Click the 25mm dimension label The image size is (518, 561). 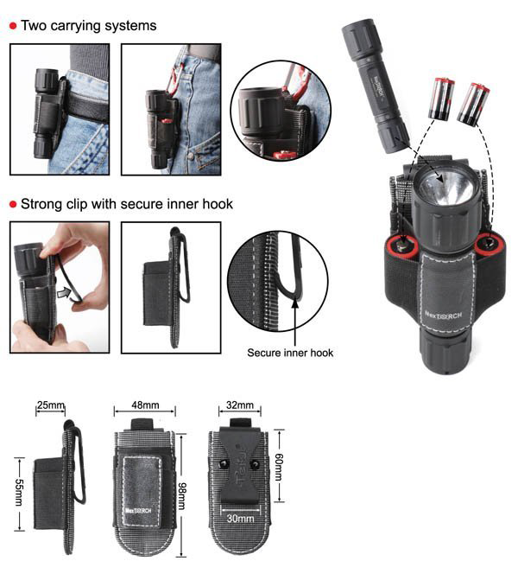point(51,405)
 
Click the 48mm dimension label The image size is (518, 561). point(145,405)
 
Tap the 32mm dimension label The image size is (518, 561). point(240,405)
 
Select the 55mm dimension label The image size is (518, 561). point(19,493)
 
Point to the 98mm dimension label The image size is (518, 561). point(182,495)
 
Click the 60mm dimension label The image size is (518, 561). point(279,467)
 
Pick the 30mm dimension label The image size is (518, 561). point(240,518)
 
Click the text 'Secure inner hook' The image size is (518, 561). point(290,353)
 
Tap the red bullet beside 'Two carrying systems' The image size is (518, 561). point(13,26)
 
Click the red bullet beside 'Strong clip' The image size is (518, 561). point(13,204)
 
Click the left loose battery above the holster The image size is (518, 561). point(441,99)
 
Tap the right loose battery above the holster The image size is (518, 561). point(473,104)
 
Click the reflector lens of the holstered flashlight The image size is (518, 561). point(445,189)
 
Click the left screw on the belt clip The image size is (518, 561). point(224,464)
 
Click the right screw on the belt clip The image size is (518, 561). point(255,464)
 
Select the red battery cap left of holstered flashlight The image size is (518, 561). point(402,246)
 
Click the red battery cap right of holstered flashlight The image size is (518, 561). point(490,244)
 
